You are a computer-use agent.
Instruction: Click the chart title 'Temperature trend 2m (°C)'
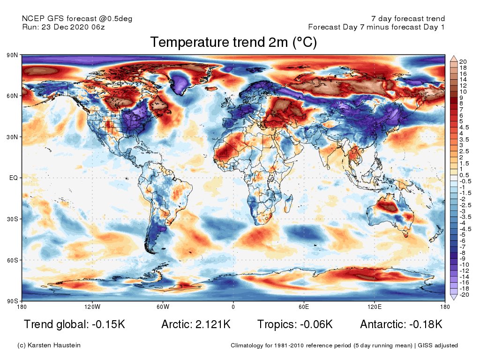(233, 43)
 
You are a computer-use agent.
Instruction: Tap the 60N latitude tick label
(13, 96)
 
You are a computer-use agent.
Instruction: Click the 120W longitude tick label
(92, 307)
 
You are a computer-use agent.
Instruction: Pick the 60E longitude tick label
(304, 307)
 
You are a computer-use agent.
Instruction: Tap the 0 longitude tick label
(233, 307)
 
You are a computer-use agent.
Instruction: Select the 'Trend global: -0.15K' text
(75, 324)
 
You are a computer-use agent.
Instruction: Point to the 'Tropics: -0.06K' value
(295, 324)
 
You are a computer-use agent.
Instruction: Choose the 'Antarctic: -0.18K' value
(401, 324)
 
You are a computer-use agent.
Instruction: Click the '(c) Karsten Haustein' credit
(49, 345)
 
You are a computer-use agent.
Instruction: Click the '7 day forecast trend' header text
(408, 19)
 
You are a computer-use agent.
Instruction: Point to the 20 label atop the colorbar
(463, 61)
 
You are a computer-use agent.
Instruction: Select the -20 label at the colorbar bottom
(464, 295)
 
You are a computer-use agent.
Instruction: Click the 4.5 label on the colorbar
(464, 127)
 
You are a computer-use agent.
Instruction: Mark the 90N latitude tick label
(13, 55)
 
